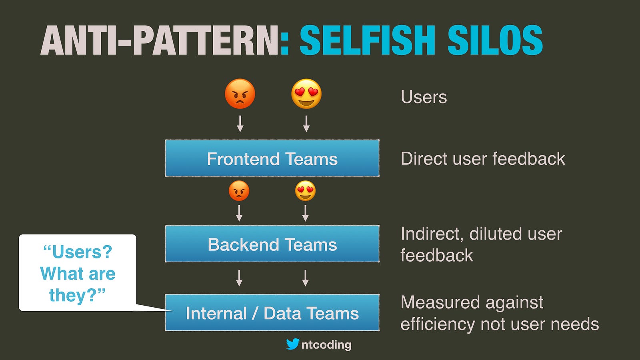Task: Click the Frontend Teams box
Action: coord(272,158)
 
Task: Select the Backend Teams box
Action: coord(272,244)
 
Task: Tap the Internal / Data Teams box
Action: coord(272,312)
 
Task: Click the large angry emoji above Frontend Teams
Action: coord(240,94)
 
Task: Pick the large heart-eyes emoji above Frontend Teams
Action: coord(306,94)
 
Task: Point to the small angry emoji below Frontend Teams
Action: coord(239,190)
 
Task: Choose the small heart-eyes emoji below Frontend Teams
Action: coord(306,190)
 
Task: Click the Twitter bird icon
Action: coord(293,344)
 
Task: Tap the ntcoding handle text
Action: coord(326,344)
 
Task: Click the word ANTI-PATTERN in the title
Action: coord(159,40)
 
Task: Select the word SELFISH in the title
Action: coord(368,40)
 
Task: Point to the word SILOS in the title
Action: coord(495,40)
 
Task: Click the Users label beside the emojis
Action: coord(424,97)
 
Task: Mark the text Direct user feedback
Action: coord(483,158)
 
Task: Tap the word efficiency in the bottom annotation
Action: coord(438,324)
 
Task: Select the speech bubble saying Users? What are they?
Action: coord(78,272)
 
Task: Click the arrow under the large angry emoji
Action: coord(240,124)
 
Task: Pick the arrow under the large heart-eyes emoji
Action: coord(306,124)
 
